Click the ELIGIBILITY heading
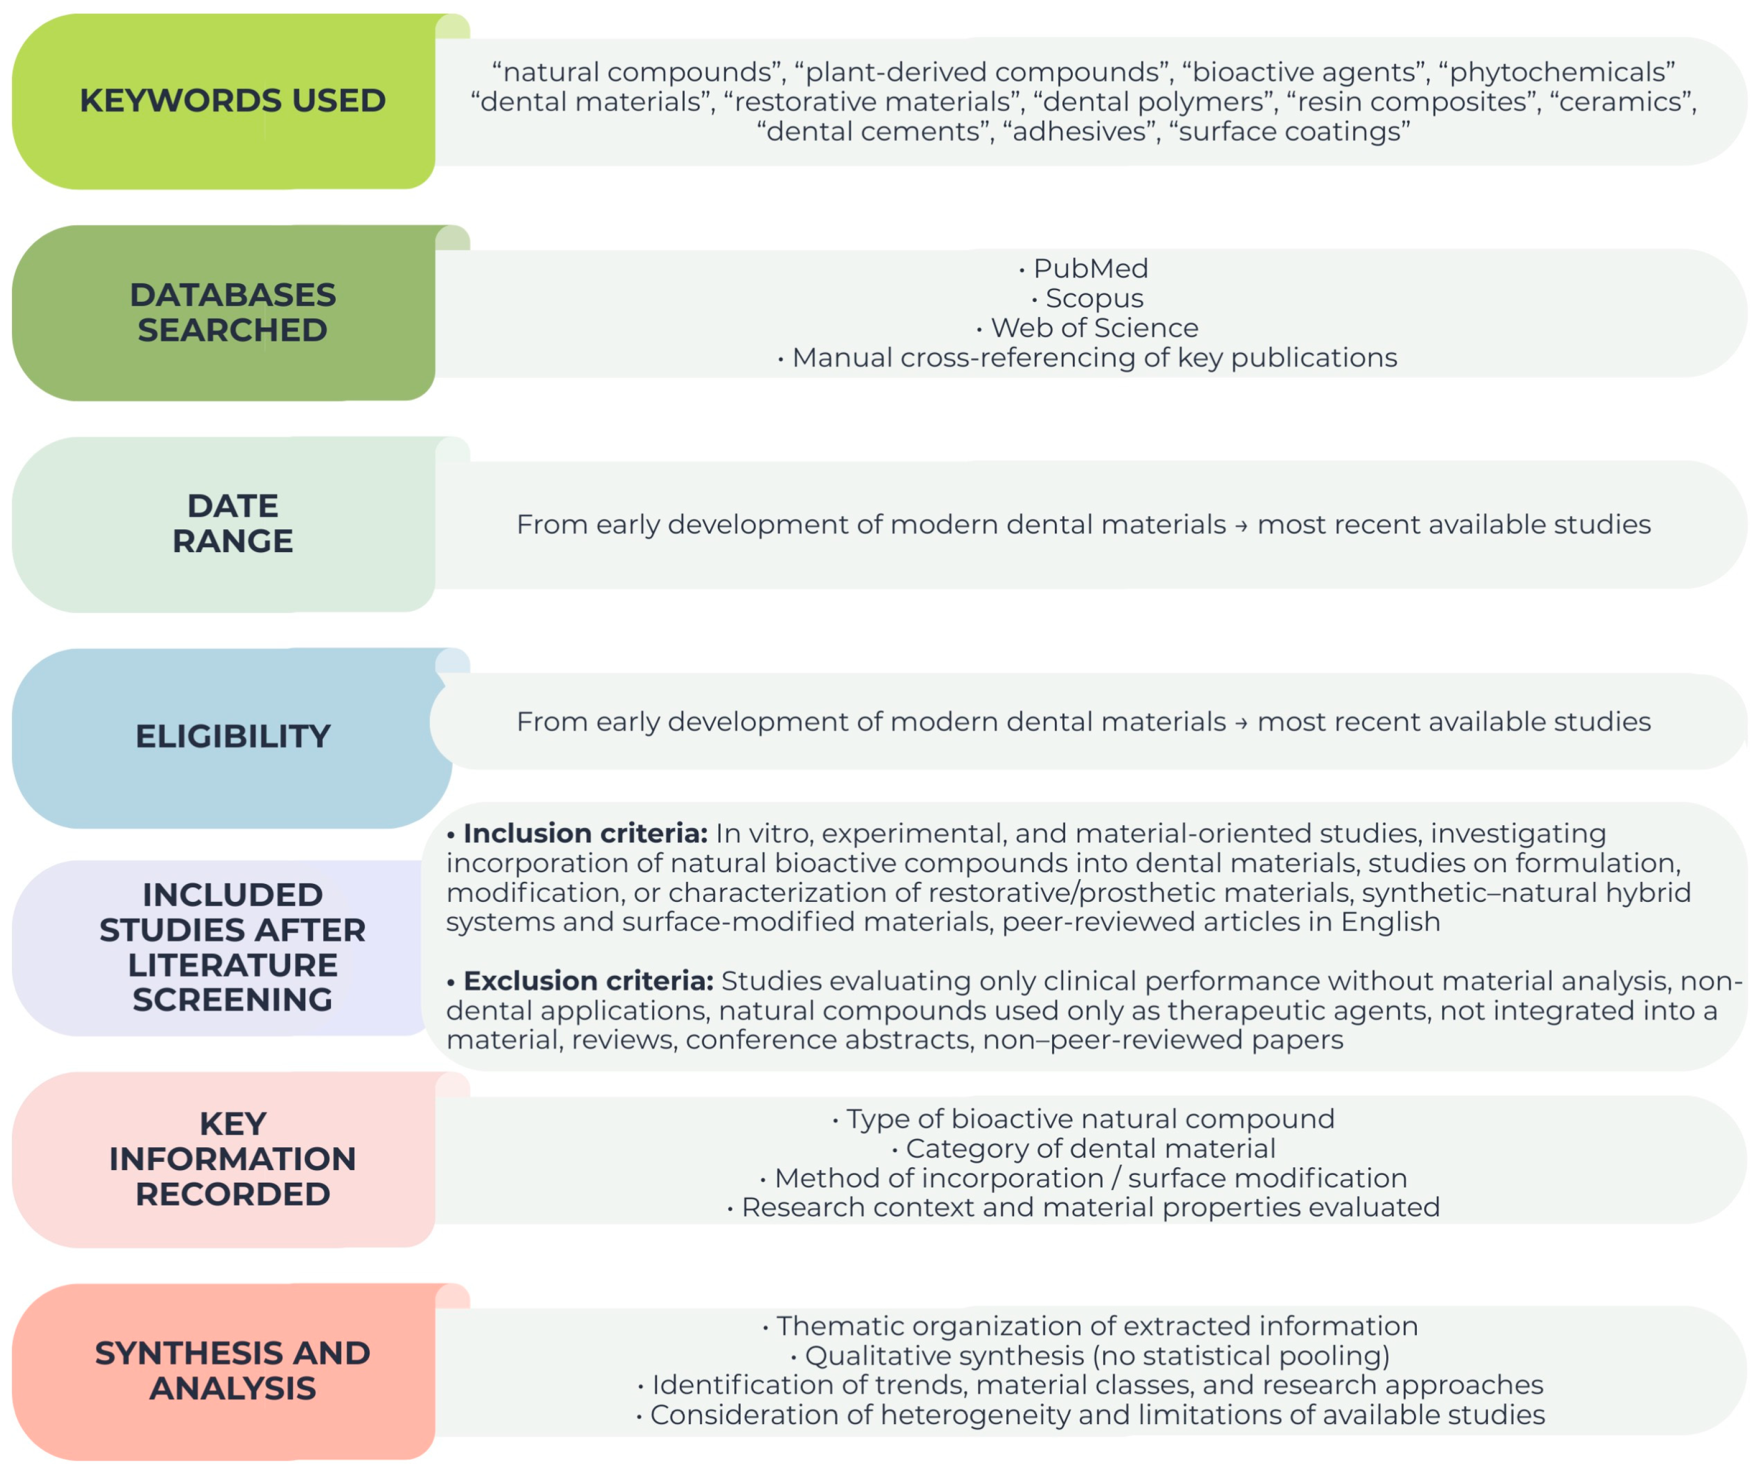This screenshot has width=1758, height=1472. tap(233, 737)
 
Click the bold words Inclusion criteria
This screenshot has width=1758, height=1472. tap(585, 833)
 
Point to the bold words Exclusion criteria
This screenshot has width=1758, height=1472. tap(588, 981)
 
